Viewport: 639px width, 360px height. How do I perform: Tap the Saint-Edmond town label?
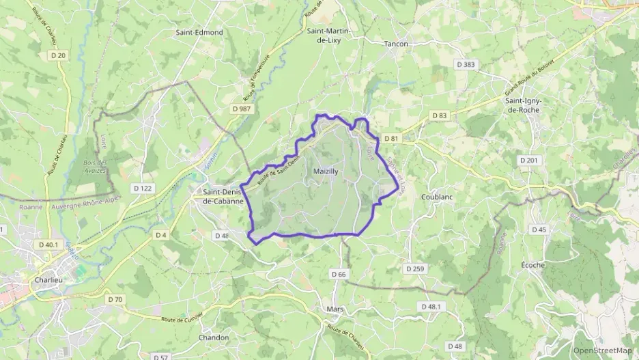199,32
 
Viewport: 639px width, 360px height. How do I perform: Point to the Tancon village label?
396,44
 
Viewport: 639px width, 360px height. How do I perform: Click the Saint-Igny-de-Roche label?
522,105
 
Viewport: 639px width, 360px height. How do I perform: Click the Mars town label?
335,309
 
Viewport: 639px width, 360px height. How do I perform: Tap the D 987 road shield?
242,109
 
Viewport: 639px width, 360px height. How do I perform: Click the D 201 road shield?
528,160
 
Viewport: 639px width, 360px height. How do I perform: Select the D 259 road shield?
415,269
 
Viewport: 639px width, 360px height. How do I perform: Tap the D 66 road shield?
339,274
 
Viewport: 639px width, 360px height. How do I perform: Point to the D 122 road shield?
143,188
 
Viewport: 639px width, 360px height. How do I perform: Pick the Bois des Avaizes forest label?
96,167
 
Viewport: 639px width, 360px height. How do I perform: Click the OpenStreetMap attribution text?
602,350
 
